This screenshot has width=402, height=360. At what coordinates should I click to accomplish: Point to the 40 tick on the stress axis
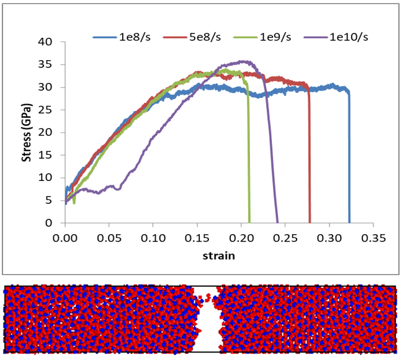[x=51, y=42]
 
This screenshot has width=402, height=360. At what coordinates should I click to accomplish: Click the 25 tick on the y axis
[x=51, y=110]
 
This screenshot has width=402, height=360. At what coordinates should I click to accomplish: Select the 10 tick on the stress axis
[x=51, y=178]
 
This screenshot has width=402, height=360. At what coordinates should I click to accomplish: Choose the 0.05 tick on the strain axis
[x=109, y=236]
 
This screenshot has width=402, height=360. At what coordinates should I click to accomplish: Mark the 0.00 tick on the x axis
[x=65, y=236]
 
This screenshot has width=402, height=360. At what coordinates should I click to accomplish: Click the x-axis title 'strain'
[x=220, y=255]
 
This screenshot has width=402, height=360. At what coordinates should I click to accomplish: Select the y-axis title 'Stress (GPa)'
[x=27, y=133]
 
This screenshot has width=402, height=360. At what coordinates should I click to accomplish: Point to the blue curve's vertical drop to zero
[x=349, y=161]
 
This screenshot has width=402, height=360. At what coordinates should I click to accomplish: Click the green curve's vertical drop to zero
[x=248, y=161]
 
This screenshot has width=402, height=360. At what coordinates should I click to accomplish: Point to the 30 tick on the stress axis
[x=51, y=87]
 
